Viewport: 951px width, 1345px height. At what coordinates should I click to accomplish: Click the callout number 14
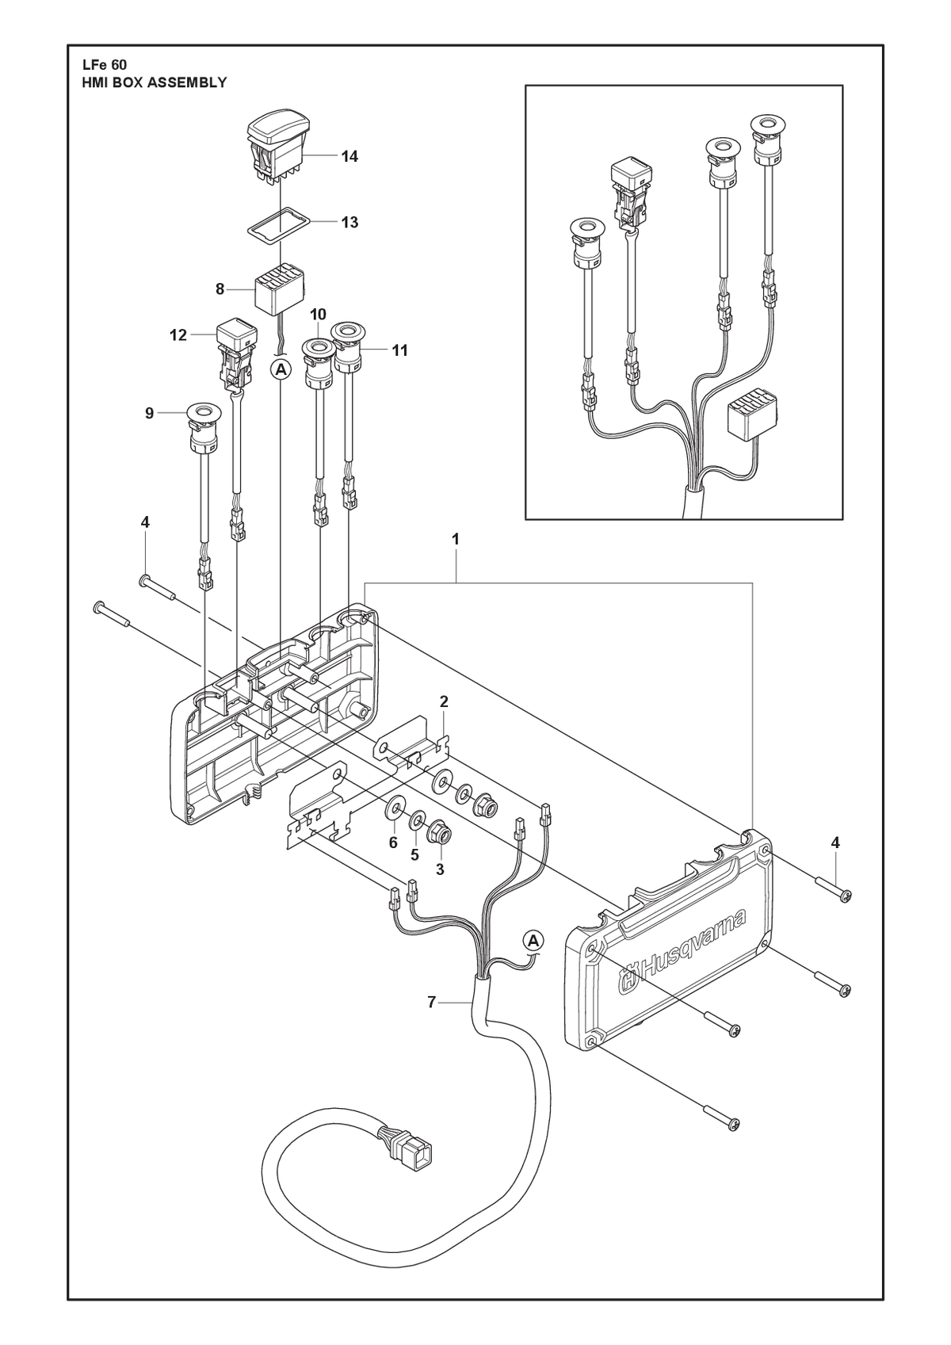(349, 157)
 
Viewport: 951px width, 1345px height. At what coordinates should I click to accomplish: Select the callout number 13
(349, 223)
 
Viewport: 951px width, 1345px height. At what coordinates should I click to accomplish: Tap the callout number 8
(220, 289)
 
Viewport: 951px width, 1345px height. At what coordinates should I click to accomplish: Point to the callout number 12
(178, 335)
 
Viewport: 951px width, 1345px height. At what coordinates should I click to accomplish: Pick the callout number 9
(149, 413)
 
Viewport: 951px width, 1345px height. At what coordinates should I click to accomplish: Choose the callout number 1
(456, 540)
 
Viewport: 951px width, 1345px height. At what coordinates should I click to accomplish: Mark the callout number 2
(444, 701)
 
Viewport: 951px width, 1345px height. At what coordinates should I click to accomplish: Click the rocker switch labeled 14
(279, 150)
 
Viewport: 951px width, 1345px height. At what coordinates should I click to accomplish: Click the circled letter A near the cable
(533, 955)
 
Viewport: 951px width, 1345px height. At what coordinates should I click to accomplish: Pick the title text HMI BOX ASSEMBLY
(155, 83)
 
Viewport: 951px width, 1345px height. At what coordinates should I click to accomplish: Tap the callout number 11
(399, 350)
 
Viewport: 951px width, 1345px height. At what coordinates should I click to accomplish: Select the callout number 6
(393, 843)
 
